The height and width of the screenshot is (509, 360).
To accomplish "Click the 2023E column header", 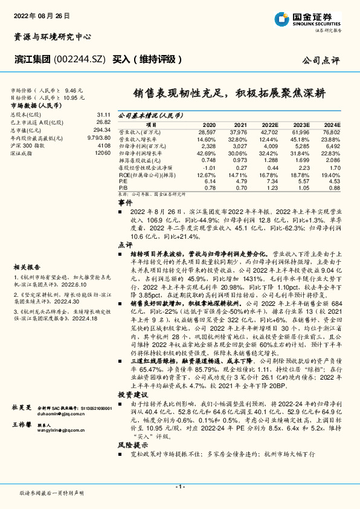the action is click(x=301, y=123).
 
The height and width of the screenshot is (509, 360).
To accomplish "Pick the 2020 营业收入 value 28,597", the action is click(x=207, y=131).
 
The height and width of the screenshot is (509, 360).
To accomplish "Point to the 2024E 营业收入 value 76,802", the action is click(x=330, y=131).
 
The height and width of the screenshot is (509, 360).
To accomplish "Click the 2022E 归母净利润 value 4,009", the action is click(x=269, y=146).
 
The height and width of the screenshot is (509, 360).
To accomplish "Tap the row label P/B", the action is click(x=123, y=188).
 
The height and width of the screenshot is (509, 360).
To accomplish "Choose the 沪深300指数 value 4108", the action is click(x=104, y=146).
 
